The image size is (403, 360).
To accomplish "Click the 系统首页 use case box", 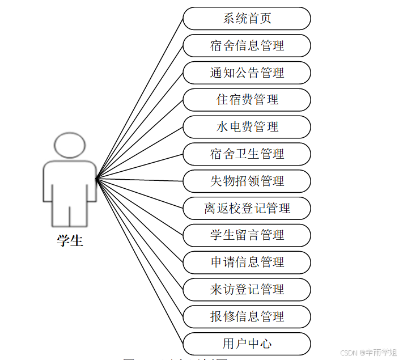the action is [247, 18].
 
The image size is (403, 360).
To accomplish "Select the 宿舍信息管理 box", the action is [247, 45].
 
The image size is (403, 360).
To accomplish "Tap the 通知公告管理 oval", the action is [247, 73].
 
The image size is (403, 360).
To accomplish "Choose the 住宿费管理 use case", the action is [247, 100].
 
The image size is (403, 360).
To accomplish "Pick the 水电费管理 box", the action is [247, 127].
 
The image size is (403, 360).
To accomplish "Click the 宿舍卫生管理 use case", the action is [247, 154].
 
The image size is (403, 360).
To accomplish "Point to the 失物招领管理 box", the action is [247, 181].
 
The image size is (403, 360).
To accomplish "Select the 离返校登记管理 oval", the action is [247, 208].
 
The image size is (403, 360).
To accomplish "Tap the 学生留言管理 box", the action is [247, 235].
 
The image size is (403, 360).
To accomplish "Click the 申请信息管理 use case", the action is [247, 262].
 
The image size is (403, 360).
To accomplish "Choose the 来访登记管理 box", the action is [247, 290].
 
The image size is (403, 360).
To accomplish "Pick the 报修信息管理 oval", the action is [247, 316].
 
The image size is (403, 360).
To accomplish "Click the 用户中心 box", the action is [247, 344].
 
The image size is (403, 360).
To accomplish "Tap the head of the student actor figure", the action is [70, 146].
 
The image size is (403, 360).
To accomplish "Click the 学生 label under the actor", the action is [70, 240].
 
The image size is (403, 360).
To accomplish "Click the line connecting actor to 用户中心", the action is [139, 261].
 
